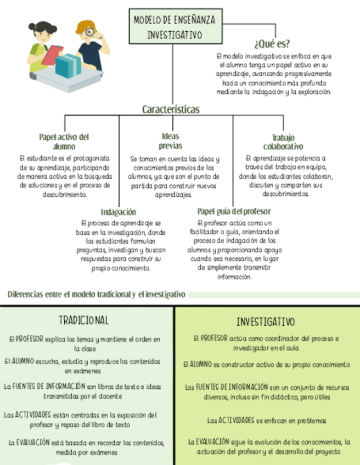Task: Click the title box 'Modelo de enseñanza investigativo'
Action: coord(174,27)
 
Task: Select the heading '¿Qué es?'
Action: coord(272,44)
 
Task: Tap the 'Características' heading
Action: coord(171,109)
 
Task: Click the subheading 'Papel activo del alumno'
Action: coord(64,141)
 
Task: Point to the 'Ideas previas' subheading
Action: coord(170,141)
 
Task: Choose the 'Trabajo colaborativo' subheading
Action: coord(283,142)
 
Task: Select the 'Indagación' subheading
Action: coord(118,212)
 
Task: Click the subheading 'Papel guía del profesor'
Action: coord(234,211)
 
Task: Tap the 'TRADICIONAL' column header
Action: coord(83,320)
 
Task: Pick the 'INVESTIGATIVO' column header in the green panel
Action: coord(266,321)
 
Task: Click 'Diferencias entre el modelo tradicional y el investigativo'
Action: coord(97,294)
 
